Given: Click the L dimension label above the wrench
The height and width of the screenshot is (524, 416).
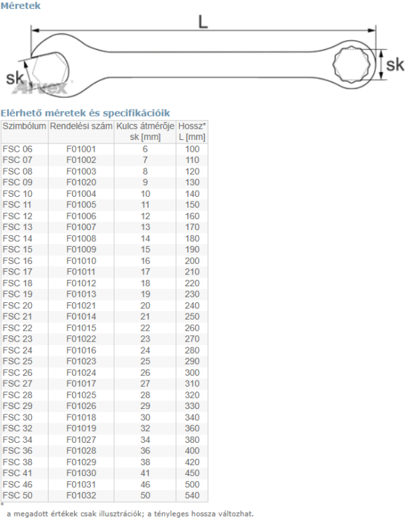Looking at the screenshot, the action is tap(203, 21).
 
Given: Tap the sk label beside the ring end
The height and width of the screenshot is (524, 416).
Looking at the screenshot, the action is tap(395, 64).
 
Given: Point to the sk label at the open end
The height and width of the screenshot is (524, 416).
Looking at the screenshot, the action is tap(15, 78).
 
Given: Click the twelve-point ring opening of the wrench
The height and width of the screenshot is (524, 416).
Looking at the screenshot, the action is tap(352, 64).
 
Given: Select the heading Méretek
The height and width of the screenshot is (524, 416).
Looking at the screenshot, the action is tap(20, 6).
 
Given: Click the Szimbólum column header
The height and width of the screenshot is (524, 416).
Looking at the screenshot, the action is tap(24, 126).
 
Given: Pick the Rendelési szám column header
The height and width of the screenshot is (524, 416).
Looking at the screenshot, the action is tap(81, 126).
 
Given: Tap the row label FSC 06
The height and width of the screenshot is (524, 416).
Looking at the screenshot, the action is tap(17, 149).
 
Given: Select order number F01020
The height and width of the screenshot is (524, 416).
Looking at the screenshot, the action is tap(81, 182).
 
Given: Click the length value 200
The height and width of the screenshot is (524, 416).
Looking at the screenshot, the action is tap(192, 261).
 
